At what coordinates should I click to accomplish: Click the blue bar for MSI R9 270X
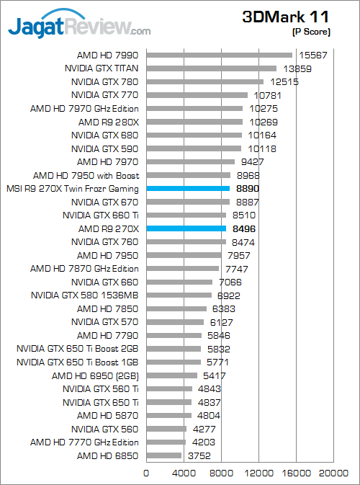(188, 188)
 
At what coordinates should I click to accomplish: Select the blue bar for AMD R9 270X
(186, 228)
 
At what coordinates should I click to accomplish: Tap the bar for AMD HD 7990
(219, 55)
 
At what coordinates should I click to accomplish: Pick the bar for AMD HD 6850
(164, 455)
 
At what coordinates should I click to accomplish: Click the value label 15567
(311, 55)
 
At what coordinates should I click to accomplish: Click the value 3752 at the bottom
(199, 455)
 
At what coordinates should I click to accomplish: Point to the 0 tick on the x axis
(147, 473)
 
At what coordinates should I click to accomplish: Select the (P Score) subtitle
(311, 32)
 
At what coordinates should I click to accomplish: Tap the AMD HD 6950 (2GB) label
(95, 375)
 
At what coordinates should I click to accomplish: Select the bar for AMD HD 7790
(174, 335)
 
